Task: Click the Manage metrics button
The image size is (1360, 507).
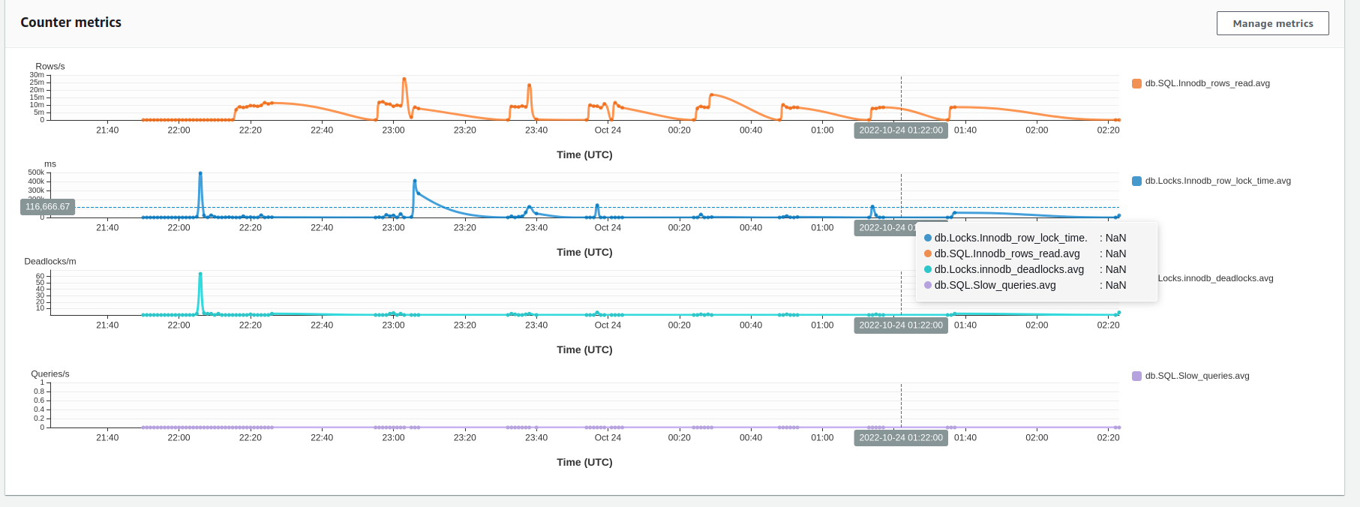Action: [1272, 23]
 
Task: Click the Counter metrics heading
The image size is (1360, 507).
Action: [71, 22]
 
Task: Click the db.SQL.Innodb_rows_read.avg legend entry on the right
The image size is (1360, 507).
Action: [1206, 83]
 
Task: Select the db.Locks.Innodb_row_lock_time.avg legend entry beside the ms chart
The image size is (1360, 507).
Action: [1217, 181]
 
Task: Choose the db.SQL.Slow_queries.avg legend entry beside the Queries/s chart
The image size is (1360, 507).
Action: [1196, 376]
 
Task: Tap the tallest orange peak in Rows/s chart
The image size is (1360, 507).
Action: [404, 79]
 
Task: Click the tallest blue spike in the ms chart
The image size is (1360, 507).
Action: [200, 174]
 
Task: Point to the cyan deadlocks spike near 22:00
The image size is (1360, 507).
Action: [200, 274]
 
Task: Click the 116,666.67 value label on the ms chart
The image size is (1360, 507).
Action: [47, 207]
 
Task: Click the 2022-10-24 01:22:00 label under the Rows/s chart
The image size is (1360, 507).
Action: [900, 130]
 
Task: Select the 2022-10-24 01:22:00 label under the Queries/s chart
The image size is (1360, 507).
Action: [900, 438]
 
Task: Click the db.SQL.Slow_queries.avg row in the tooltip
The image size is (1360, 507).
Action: [995, 285]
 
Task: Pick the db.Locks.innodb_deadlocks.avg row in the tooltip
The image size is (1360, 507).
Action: [1008, 269]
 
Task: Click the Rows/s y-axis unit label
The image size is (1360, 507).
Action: [50, 67]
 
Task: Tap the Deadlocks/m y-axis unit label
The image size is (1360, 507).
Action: [50, 262]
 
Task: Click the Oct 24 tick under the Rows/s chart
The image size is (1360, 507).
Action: [608, 130]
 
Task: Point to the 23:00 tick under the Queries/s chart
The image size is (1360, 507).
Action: [393, 438]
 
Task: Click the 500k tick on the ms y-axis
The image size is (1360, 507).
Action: [36, 172]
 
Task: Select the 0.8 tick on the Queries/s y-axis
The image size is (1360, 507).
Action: [39, 391]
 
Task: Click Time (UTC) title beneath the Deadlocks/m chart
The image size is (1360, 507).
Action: [584, 349]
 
